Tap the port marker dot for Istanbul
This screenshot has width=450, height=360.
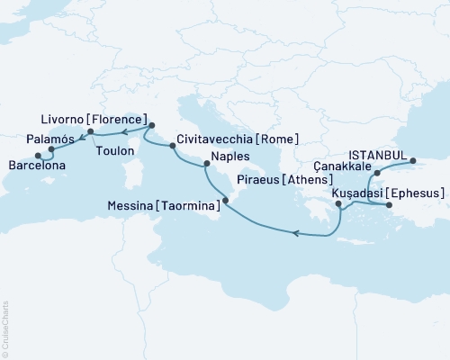(413, 162)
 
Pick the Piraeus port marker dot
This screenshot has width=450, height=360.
(338, 205)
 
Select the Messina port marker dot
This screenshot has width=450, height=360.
(225, 213)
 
